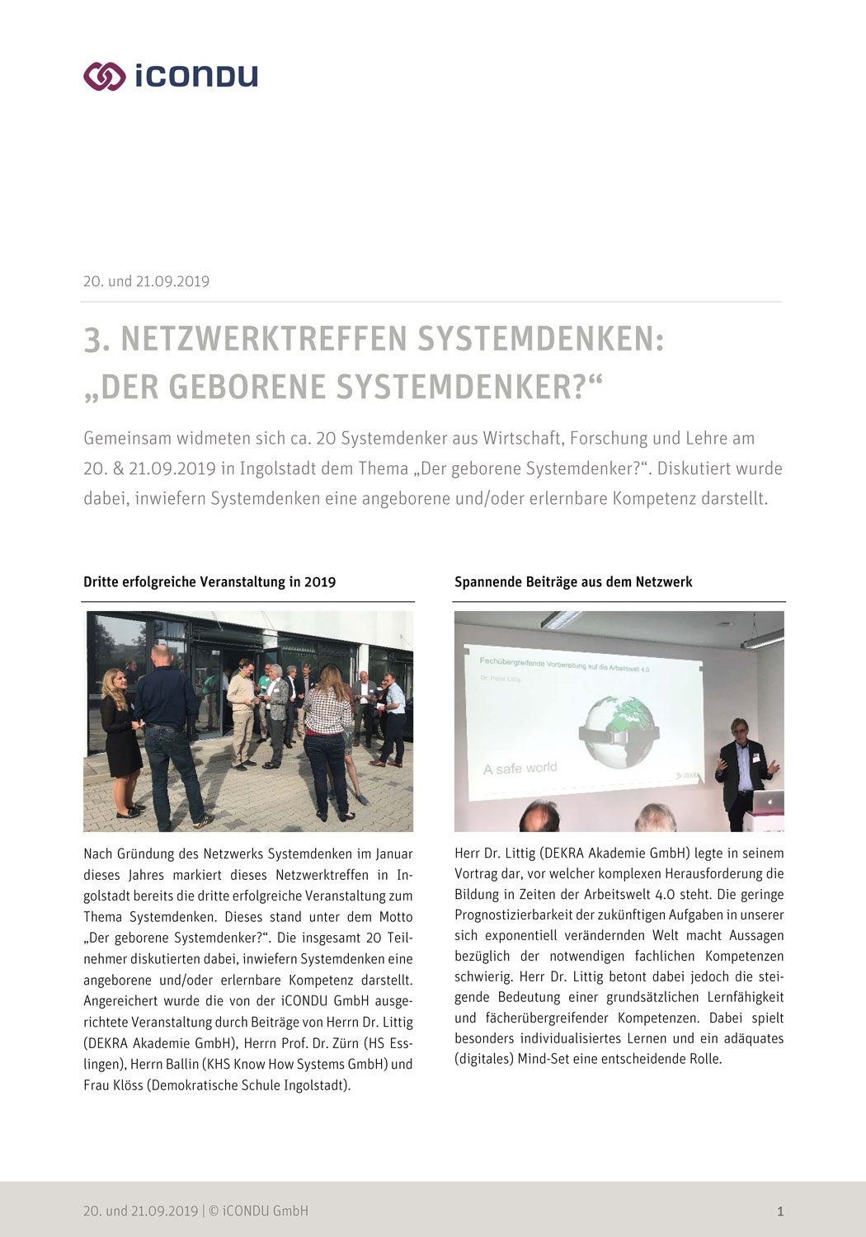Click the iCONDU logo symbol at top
tap(104, 76)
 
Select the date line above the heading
tap(146, 281)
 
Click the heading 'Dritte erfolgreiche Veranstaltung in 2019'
tap(209, 582)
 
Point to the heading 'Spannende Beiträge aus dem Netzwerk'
tap(573, 582)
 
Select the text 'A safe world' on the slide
tap(520, 769)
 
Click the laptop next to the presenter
tap(769, 800)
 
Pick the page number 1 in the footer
tap(780, 1211)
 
